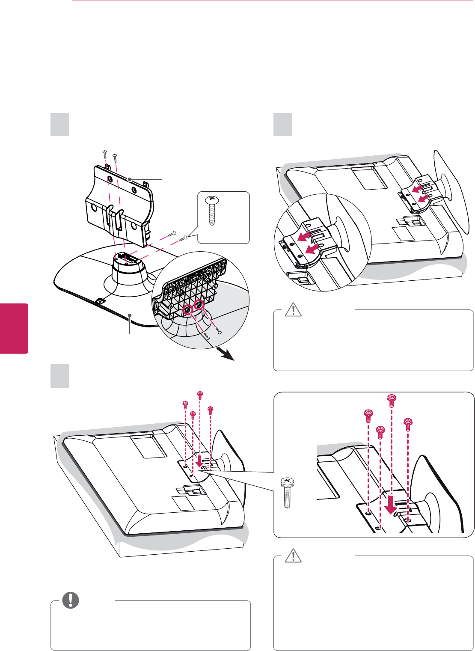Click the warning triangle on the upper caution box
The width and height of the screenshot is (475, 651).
point(293,309)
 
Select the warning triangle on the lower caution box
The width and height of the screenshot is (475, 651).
point(293,555)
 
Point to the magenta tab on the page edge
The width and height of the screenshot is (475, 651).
point(14,328)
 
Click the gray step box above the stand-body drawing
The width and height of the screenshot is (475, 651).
point(60,125)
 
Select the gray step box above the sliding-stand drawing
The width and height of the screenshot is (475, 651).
point(283,125)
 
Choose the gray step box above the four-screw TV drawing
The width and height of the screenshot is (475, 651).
point(60,376)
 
